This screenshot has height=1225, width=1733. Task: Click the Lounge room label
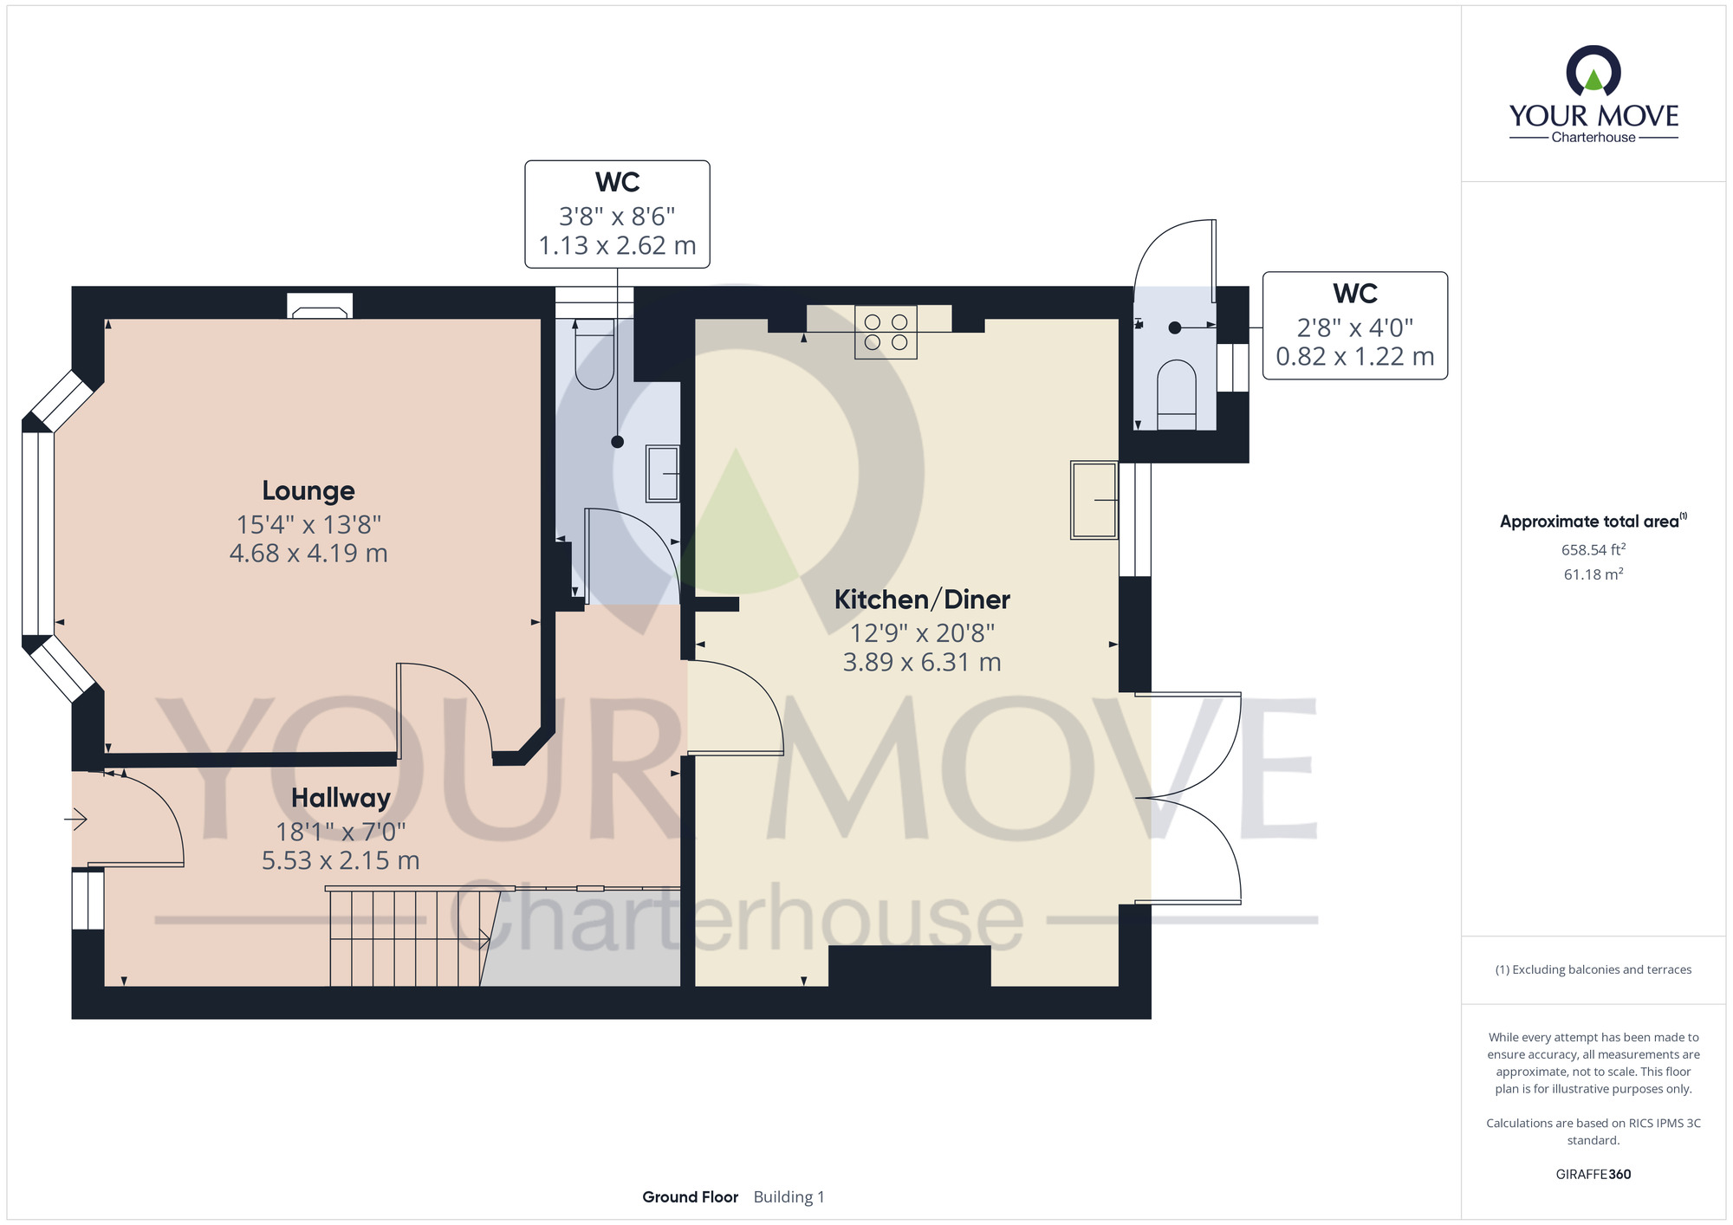point(308,491)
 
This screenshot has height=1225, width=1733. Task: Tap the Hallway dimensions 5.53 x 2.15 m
point(341,860)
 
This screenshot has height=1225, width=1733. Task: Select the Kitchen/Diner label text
point(922,600)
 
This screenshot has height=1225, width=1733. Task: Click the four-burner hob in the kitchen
point(886,332)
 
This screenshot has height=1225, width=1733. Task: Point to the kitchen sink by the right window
point(1094,500)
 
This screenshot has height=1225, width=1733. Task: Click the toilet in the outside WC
point(1176,394)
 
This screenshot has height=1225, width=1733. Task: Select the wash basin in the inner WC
point(663,473)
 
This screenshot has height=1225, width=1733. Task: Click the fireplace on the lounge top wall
point(320,306)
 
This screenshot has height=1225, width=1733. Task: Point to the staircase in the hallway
point(406,937)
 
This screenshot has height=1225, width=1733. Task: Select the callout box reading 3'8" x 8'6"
point(617,214)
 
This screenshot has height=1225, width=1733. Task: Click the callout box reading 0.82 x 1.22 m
point(1354,326)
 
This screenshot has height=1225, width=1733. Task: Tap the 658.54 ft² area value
point(1593,549)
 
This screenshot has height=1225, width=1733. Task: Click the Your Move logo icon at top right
point(1593,71)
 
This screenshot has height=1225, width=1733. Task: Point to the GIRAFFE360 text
point(1593,1174)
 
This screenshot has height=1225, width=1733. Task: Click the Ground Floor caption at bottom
point(690,1196)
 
